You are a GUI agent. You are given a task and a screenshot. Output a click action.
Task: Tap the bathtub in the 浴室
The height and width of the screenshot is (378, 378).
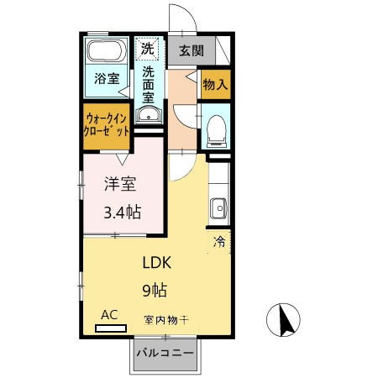(107, 50)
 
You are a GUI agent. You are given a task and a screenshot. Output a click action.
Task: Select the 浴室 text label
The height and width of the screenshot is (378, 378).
(106, 79)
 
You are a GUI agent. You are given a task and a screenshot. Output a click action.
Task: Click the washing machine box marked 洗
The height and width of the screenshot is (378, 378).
(148, 49)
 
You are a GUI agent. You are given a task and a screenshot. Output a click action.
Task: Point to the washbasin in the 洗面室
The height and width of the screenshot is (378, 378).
(148, 116)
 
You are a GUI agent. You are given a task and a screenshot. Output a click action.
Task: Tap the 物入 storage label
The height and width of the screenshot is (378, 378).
(214, 84)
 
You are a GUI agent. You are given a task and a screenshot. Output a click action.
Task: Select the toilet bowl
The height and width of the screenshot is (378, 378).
(215, 129)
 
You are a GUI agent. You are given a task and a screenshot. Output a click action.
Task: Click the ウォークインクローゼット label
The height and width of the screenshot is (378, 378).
(106, 125)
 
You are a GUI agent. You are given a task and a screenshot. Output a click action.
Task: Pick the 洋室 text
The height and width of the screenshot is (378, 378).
(119, 185)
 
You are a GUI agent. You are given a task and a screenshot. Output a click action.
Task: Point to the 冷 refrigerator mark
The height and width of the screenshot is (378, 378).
(219, 243)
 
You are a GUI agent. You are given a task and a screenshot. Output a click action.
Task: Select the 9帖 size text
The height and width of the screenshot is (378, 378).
(153, 291)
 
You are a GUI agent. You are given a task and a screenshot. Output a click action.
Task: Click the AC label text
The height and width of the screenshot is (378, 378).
(109, 314)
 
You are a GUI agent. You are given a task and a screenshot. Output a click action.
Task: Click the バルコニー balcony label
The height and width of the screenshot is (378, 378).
(165, 354)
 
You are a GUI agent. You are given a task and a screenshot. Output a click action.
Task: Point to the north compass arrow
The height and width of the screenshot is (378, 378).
(286, 320)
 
